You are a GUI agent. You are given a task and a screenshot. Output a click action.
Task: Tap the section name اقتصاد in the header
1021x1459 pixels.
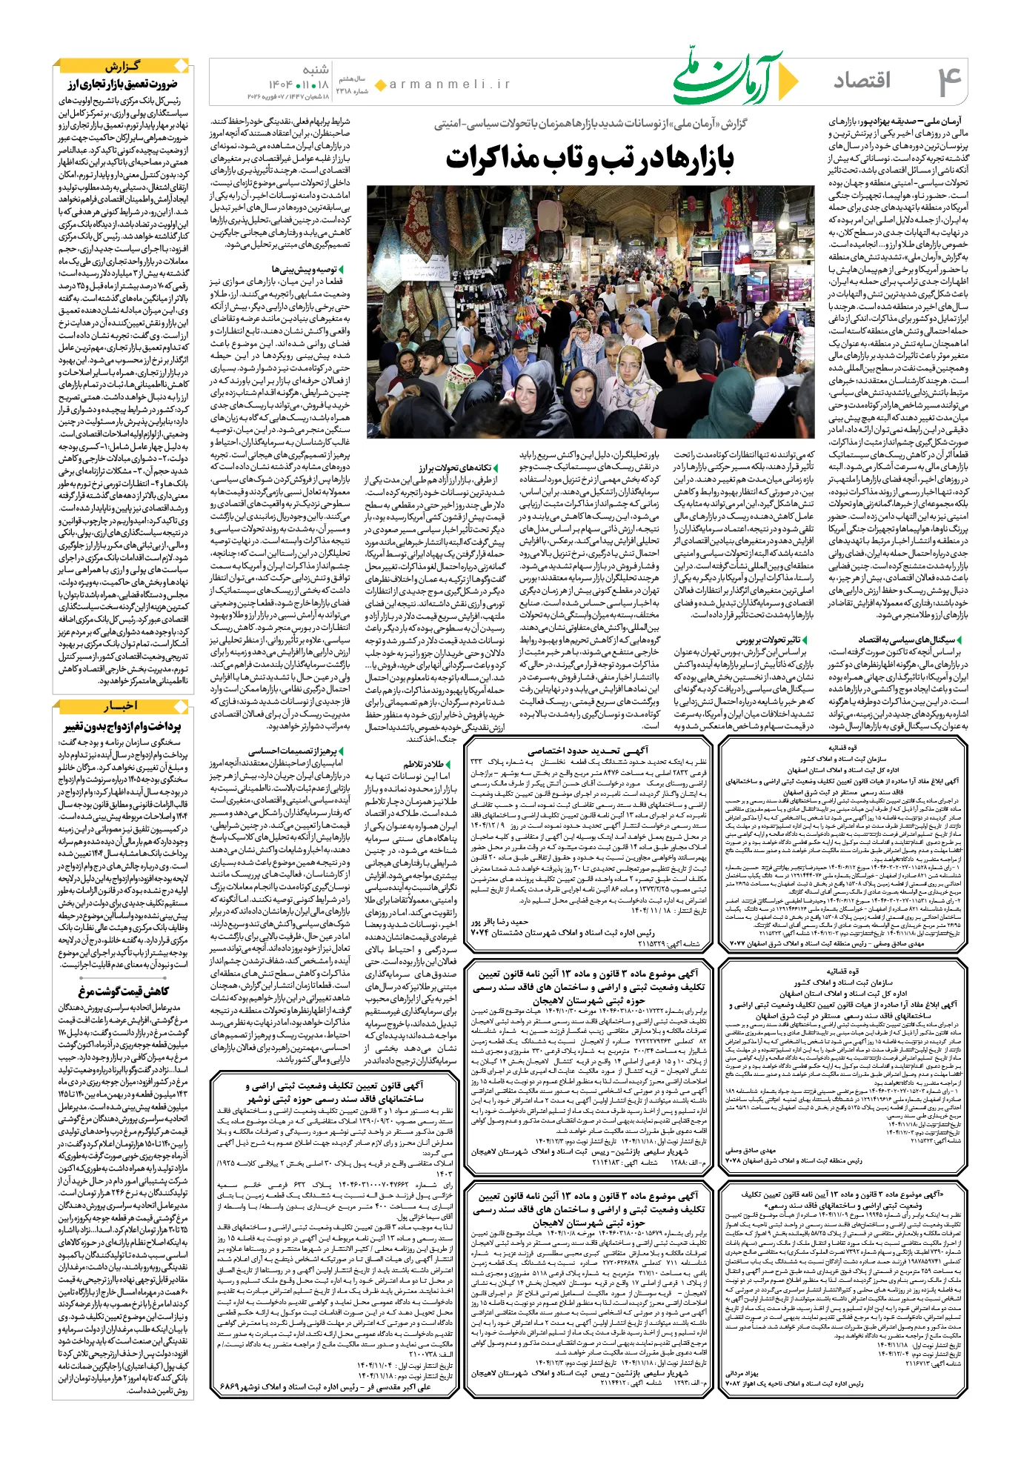pyautogui.click(x=862, y=80)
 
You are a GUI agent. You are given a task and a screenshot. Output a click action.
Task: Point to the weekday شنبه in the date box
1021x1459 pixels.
pyautogui.click(x=315, y=70)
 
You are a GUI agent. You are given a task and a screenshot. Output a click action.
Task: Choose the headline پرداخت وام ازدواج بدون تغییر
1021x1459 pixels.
pyautogui.click(x=123, y=726)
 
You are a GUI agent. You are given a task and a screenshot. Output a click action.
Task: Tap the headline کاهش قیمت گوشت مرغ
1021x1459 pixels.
pyautogui.click(x=123, y=991)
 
